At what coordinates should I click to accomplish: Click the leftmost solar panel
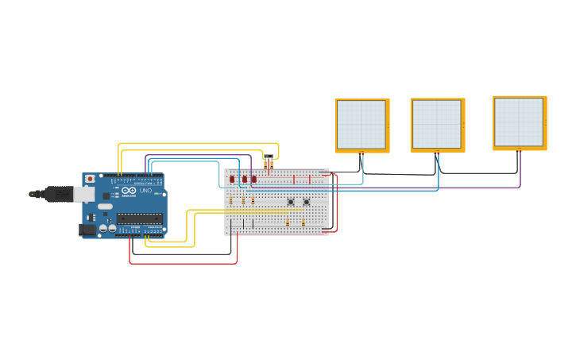(361, 125)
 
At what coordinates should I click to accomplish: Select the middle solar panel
(437, 125)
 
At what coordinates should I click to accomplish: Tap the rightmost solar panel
(520, 122)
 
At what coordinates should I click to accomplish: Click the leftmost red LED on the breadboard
(232, 180)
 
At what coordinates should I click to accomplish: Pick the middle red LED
(245, 180)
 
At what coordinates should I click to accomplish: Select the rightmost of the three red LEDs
(254, 180)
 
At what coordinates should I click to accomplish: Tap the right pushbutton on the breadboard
(307, 202)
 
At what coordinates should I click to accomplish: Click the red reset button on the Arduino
(90, 179)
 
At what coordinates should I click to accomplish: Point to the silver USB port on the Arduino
(83, 194)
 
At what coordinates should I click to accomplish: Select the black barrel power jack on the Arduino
(87, 230)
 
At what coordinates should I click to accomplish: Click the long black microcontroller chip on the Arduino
(140, 219)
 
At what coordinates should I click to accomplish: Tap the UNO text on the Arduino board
(145, 191)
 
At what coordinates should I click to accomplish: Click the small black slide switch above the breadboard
(269, 157)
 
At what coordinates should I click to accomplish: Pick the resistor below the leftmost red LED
(230, 200)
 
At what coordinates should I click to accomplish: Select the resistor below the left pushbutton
(288, 223)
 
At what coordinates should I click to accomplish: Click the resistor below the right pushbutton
(303, 223)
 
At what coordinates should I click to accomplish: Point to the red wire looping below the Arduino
(183, 263)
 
